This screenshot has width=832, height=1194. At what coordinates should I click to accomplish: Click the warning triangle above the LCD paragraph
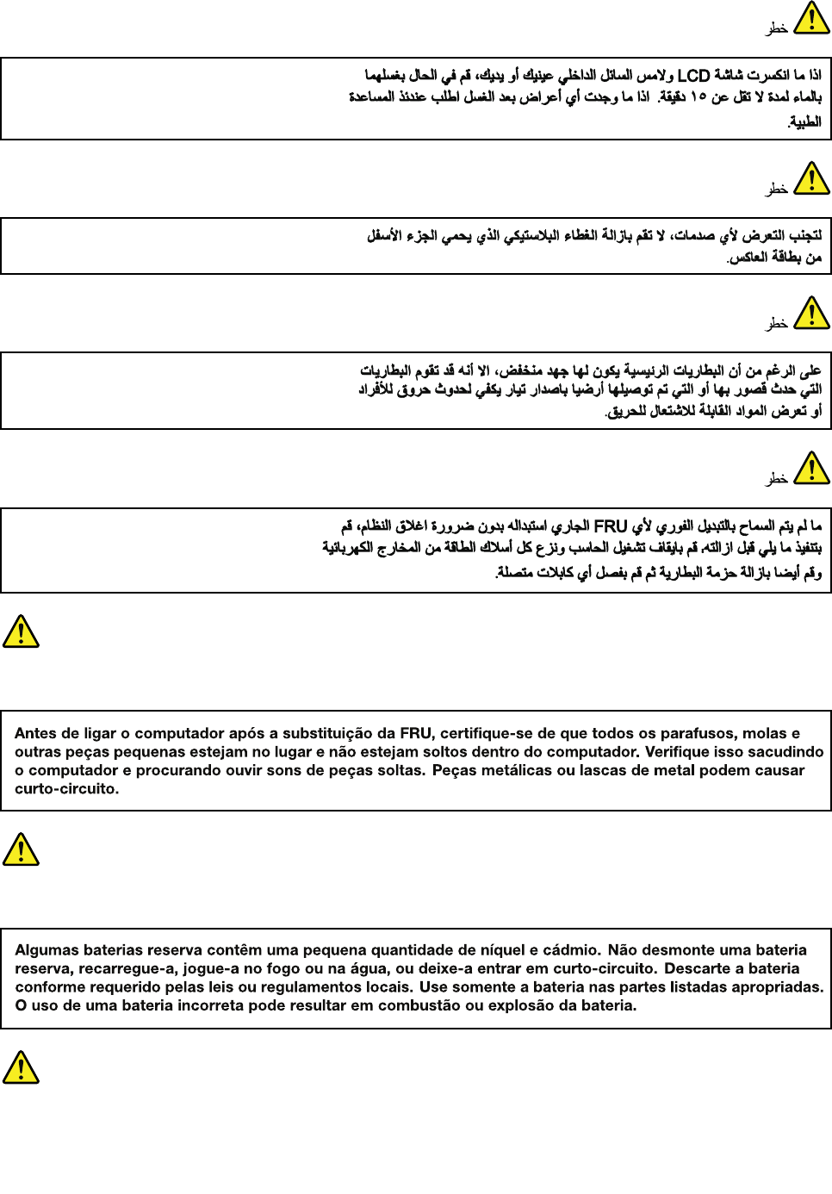click(811, 18)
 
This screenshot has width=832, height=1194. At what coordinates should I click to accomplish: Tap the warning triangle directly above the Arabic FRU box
click(811, 469)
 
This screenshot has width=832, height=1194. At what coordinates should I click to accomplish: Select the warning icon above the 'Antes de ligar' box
click(21, 631)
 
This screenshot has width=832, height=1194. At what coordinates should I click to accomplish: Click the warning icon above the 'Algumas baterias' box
click(21, 849)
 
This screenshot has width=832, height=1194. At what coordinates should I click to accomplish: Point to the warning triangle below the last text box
click(21, 1067)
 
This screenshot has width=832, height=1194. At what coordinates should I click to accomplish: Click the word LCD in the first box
click(693, 76)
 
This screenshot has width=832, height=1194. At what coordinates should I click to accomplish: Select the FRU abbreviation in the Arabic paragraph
click(611, 525)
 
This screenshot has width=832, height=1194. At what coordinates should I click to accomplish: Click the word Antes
click(35, 733)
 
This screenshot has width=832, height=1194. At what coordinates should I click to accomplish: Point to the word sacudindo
click(785, 751)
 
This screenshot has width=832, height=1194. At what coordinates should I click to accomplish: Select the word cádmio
click(570, 950)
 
